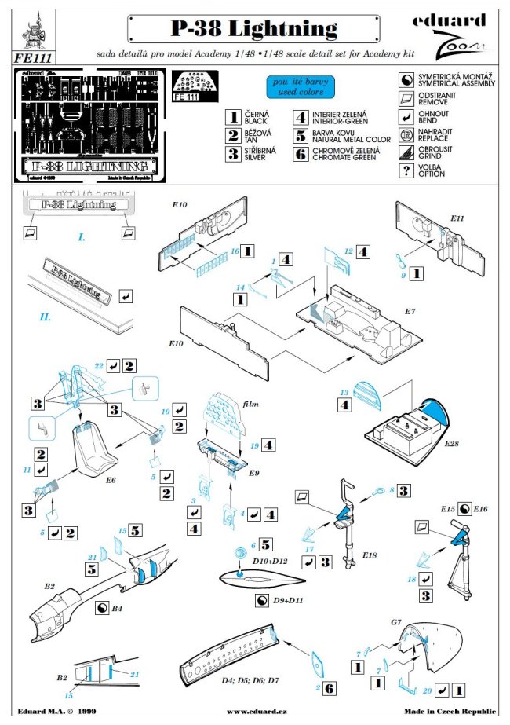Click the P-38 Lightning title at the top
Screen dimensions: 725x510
[255, 30]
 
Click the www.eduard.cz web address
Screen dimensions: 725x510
[254, 712]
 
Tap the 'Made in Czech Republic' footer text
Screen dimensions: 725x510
[451, 712]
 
